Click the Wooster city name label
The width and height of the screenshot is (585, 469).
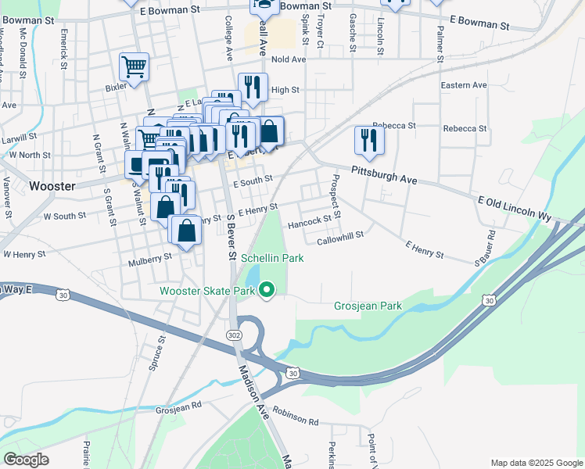52,186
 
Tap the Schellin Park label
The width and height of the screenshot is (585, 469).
272,257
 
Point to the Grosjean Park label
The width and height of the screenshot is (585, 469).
368,306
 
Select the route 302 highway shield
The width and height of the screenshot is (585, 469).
234,335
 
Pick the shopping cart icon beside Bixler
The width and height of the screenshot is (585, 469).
134,67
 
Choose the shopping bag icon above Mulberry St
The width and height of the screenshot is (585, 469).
186,231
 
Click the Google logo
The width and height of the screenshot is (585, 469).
26,460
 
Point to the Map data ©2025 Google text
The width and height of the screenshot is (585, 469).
536,463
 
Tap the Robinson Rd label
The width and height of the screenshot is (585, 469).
296,421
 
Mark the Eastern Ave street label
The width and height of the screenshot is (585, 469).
463,85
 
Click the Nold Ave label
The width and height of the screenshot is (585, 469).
289,59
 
